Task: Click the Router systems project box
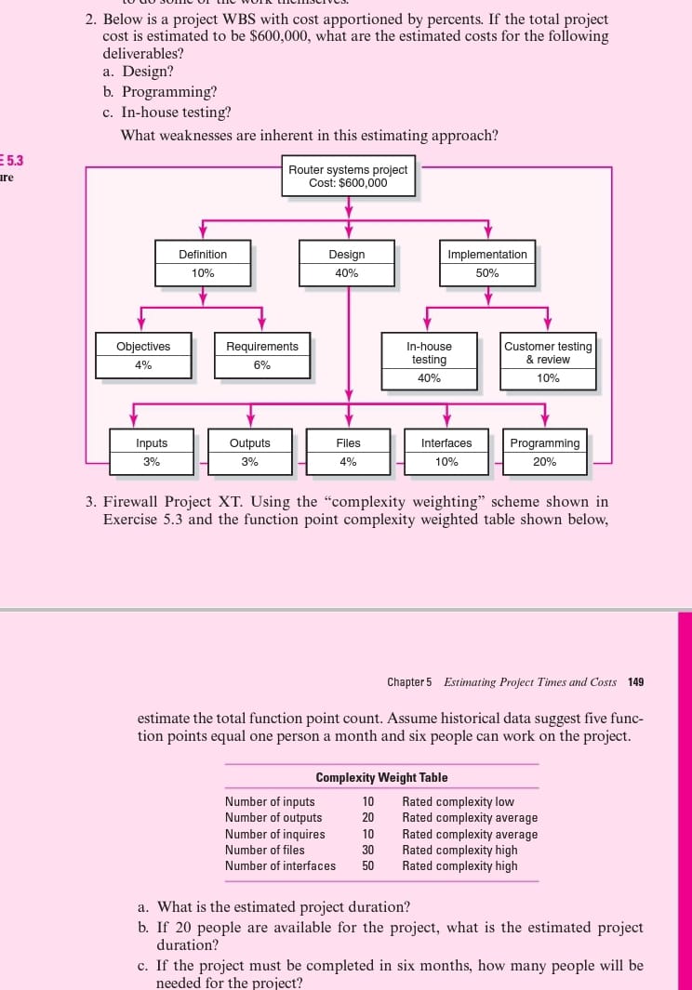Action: (348, 177)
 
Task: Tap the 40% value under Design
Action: (346, 274)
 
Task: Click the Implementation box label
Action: (486, 255)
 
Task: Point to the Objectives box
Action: (143, 355)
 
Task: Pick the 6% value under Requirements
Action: (262, 365)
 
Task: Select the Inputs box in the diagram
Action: (152, 452)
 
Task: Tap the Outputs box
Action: (249, 452)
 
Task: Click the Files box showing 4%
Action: (349, 452)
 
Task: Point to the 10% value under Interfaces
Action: (446, 462)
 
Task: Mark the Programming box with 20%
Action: (544, 452)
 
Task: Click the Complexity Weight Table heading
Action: (381, 778)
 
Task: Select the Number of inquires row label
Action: (275, 834)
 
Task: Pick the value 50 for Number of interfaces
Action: (368, 866)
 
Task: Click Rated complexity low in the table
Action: (458, 802)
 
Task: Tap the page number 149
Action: (636, 682)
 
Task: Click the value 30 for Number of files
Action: (368, 850)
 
